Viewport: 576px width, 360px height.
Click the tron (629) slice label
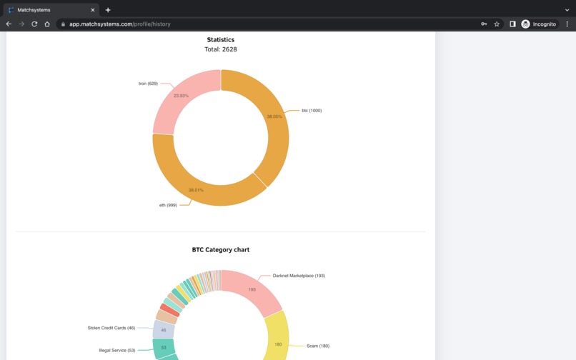pos(148,84)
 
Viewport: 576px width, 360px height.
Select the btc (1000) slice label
pos(312,111)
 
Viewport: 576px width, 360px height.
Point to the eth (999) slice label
pos(168,205)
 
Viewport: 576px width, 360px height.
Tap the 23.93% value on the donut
pos(181,96)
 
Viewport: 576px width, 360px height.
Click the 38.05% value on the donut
pos(274,116)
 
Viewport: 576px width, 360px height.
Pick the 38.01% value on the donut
pos(196,190)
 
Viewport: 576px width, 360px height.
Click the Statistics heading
pos(221,40)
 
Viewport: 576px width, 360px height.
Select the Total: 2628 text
pos(221,49)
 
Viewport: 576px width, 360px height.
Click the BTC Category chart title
pos(221,250)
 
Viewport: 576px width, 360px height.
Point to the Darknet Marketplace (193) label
pos(299,276)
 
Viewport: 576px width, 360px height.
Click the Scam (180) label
pos(318,346)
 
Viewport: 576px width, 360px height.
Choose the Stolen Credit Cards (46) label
pos(111,329)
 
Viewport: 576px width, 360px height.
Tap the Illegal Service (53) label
pos(117,351)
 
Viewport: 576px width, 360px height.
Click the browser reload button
pos(34,24)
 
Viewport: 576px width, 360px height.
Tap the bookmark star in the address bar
pos(497,24)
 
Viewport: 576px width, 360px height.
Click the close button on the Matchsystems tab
pos(93,10)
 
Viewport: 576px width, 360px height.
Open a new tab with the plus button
pos(108,10)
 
